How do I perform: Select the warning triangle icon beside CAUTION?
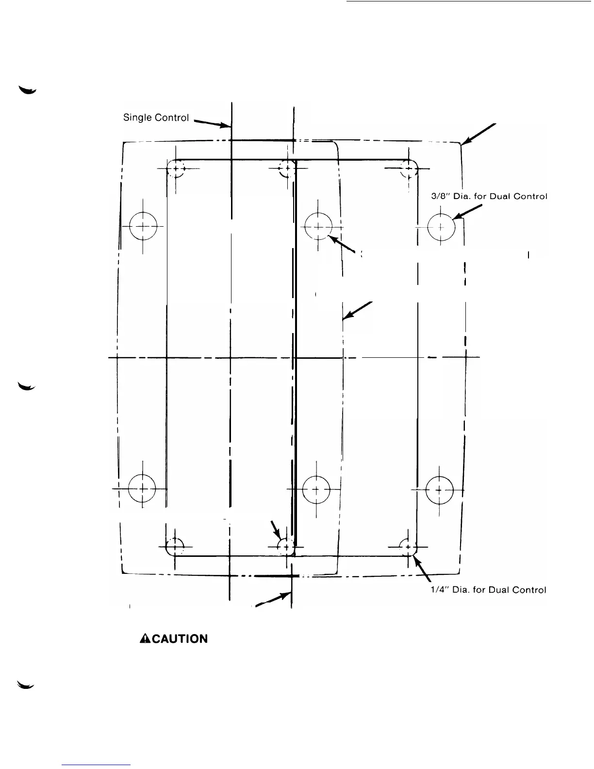coord(144,639)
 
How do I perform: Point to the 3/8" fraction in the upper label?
coord(440,197)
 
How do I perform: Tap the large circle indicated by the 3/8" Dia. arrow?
coord(441,227)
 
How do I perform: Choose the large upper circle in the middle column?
coord(317,227)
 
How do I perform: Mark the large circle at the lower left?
coord(142,488)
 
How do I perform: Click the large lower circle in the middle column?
coord(316,489)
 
